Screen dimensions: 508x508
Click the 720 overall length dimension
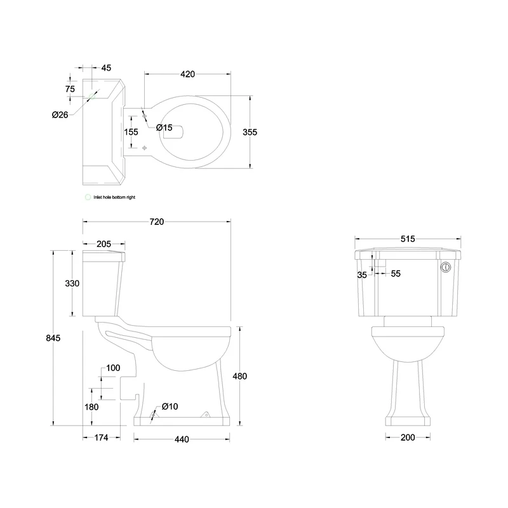[x=157, y=222]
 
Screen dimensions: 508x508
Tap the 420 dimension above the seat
[x=187, y=74]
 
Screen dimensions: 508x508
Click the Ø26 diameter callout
[x=60, y=114]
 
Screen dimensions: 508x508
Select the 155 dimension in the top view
[x=131, y=132]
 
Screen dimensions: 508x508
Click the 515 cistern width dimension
[x=408, y=239]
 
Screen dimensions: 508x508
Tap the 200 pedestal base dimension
[x=408, y=437]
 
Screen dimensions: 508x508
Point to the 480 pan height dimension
[x=239, y=376]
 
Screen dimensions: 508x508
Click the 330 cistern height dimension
[x=72, y=283]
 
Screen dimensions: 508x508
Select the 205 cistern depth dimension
[x=104, y=244]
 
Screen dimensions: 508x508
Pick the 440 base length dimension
[x=182, y=439]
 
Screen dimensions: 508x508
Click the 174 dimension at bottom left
[x=101, y=438]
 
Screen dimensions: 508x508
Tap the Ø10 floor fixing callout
[x=169, y=406]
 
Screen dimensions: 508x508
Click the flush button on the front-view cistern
[x=446, y=268]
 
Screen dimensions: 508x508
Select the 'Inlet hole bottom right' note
[x=114, y=197]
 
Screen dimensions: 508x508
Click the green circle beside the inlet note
[x=88, y=197]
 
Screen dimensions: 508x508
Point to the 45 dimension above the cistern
[x=106, y=68]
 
